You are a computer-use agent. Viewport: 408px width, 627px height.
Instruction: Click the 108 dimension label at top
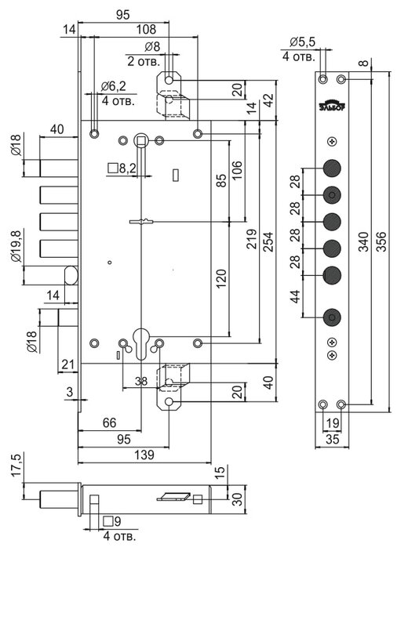coord(146,29)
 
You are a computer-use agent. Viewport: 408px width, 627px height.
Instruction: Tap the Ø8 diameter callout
coord(151,47)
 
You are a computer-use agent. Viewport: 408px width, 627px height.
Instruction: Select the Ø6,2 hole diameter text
coord(114,85)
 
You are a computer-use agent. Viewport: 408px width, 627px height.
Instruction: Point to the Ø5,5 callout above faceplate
coord(303,42)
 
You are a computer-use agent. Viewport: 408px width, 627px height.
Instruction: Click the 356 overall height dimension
coord(382,241)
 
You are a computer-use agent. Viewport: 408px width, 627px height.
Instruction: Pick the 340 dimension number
coord(363,241)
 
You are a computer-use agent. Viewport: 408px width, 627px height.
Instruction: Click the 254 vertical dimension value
coord(268,241)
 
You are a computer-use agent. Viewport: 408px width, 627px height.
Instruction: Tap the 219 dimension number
coord(251,239)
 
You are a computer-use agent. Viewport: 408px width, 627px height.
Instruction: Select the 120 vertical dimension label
coord(221,279)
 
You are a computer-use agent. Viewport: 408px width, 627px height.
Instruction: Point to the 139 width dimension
coord(144,455)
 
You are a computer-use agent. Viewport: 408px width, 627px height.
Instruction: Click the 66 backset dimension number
coord(109,422)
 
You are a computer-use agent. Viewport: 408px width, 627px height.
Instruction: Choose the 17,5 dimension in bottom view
coord(16,465)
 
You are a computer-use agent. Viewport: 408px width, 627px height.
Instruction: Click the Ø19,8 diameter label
coord(16,246)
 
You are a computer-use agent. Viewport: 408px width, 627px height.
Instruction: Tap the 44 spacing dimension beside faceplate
coord(295,296)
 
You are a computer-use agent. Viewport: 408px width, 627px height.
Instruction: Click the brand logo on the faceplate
coord(332,105)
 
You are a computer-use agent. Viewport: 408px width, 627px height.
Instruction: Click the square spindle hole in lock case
coord(141,140)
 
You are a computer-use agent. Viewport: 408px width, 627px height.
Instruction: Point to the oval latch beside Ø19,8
coord(71,276)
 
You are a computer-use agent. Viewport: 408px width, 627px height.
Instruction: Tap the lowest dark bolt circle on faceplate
coord(332,318)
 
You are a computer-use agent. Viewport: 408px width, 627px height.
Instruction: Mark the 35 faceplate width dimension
coord(333,439)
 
